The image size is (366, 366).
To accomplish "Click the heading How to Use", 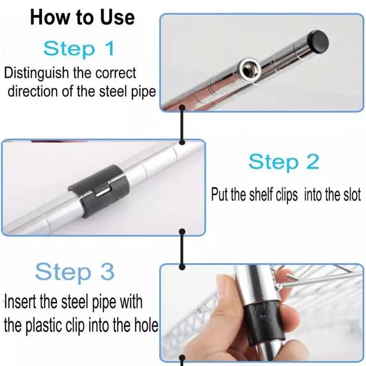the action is pyautogui.click(x=82, y=17).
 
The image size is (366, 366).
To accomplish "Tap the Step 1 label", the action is pyautogui.click(x=79, y=49).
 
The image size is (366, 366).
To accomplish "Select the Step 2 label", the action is pyautogui.click(x=284, y=162).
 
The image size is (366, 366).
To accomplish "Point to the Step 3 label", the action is pyautogui.click(x=75, y=272).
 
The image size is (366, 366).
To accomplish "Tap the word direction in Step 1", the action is pyautogui.click(x=32, y=91).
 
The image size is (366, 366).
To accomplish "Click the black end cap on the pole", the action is pyautogui.click(x=319, y=41).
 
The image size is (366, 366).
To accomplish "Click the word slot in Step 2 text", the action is pyautogui.click(x=352, y=194).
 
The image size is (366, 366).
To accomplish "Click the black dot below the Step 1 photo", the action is pyautogui.click(x=182, y=108).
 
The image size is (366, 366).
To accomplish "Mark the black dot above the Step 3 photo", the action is pyautogui.click(x=182, y=266).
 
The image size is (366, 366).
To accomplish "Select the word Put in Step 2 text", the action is pyautogui.click(x=220, y=194).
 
